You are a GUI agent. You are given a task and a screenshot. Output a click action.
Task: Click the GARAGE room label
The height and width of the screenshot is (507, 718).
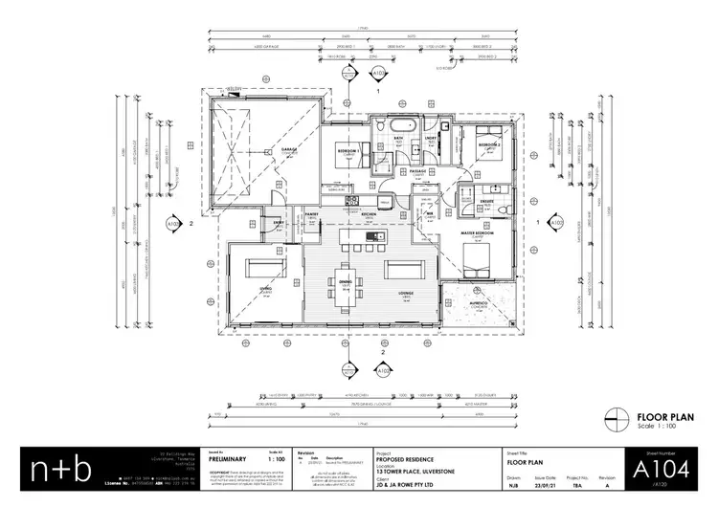[287, 149]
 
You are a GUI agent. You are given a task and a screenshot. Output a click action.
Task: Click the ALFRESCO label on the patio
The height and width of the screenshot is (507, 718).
[479, 303]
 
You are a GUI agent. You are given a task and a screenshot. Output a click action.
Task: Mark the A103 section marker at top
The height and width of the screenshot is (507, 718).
[377, 71]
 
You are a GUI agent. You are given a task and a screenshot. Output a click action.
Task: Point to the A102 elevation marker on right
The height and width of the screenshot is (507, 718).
[558, 223]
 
